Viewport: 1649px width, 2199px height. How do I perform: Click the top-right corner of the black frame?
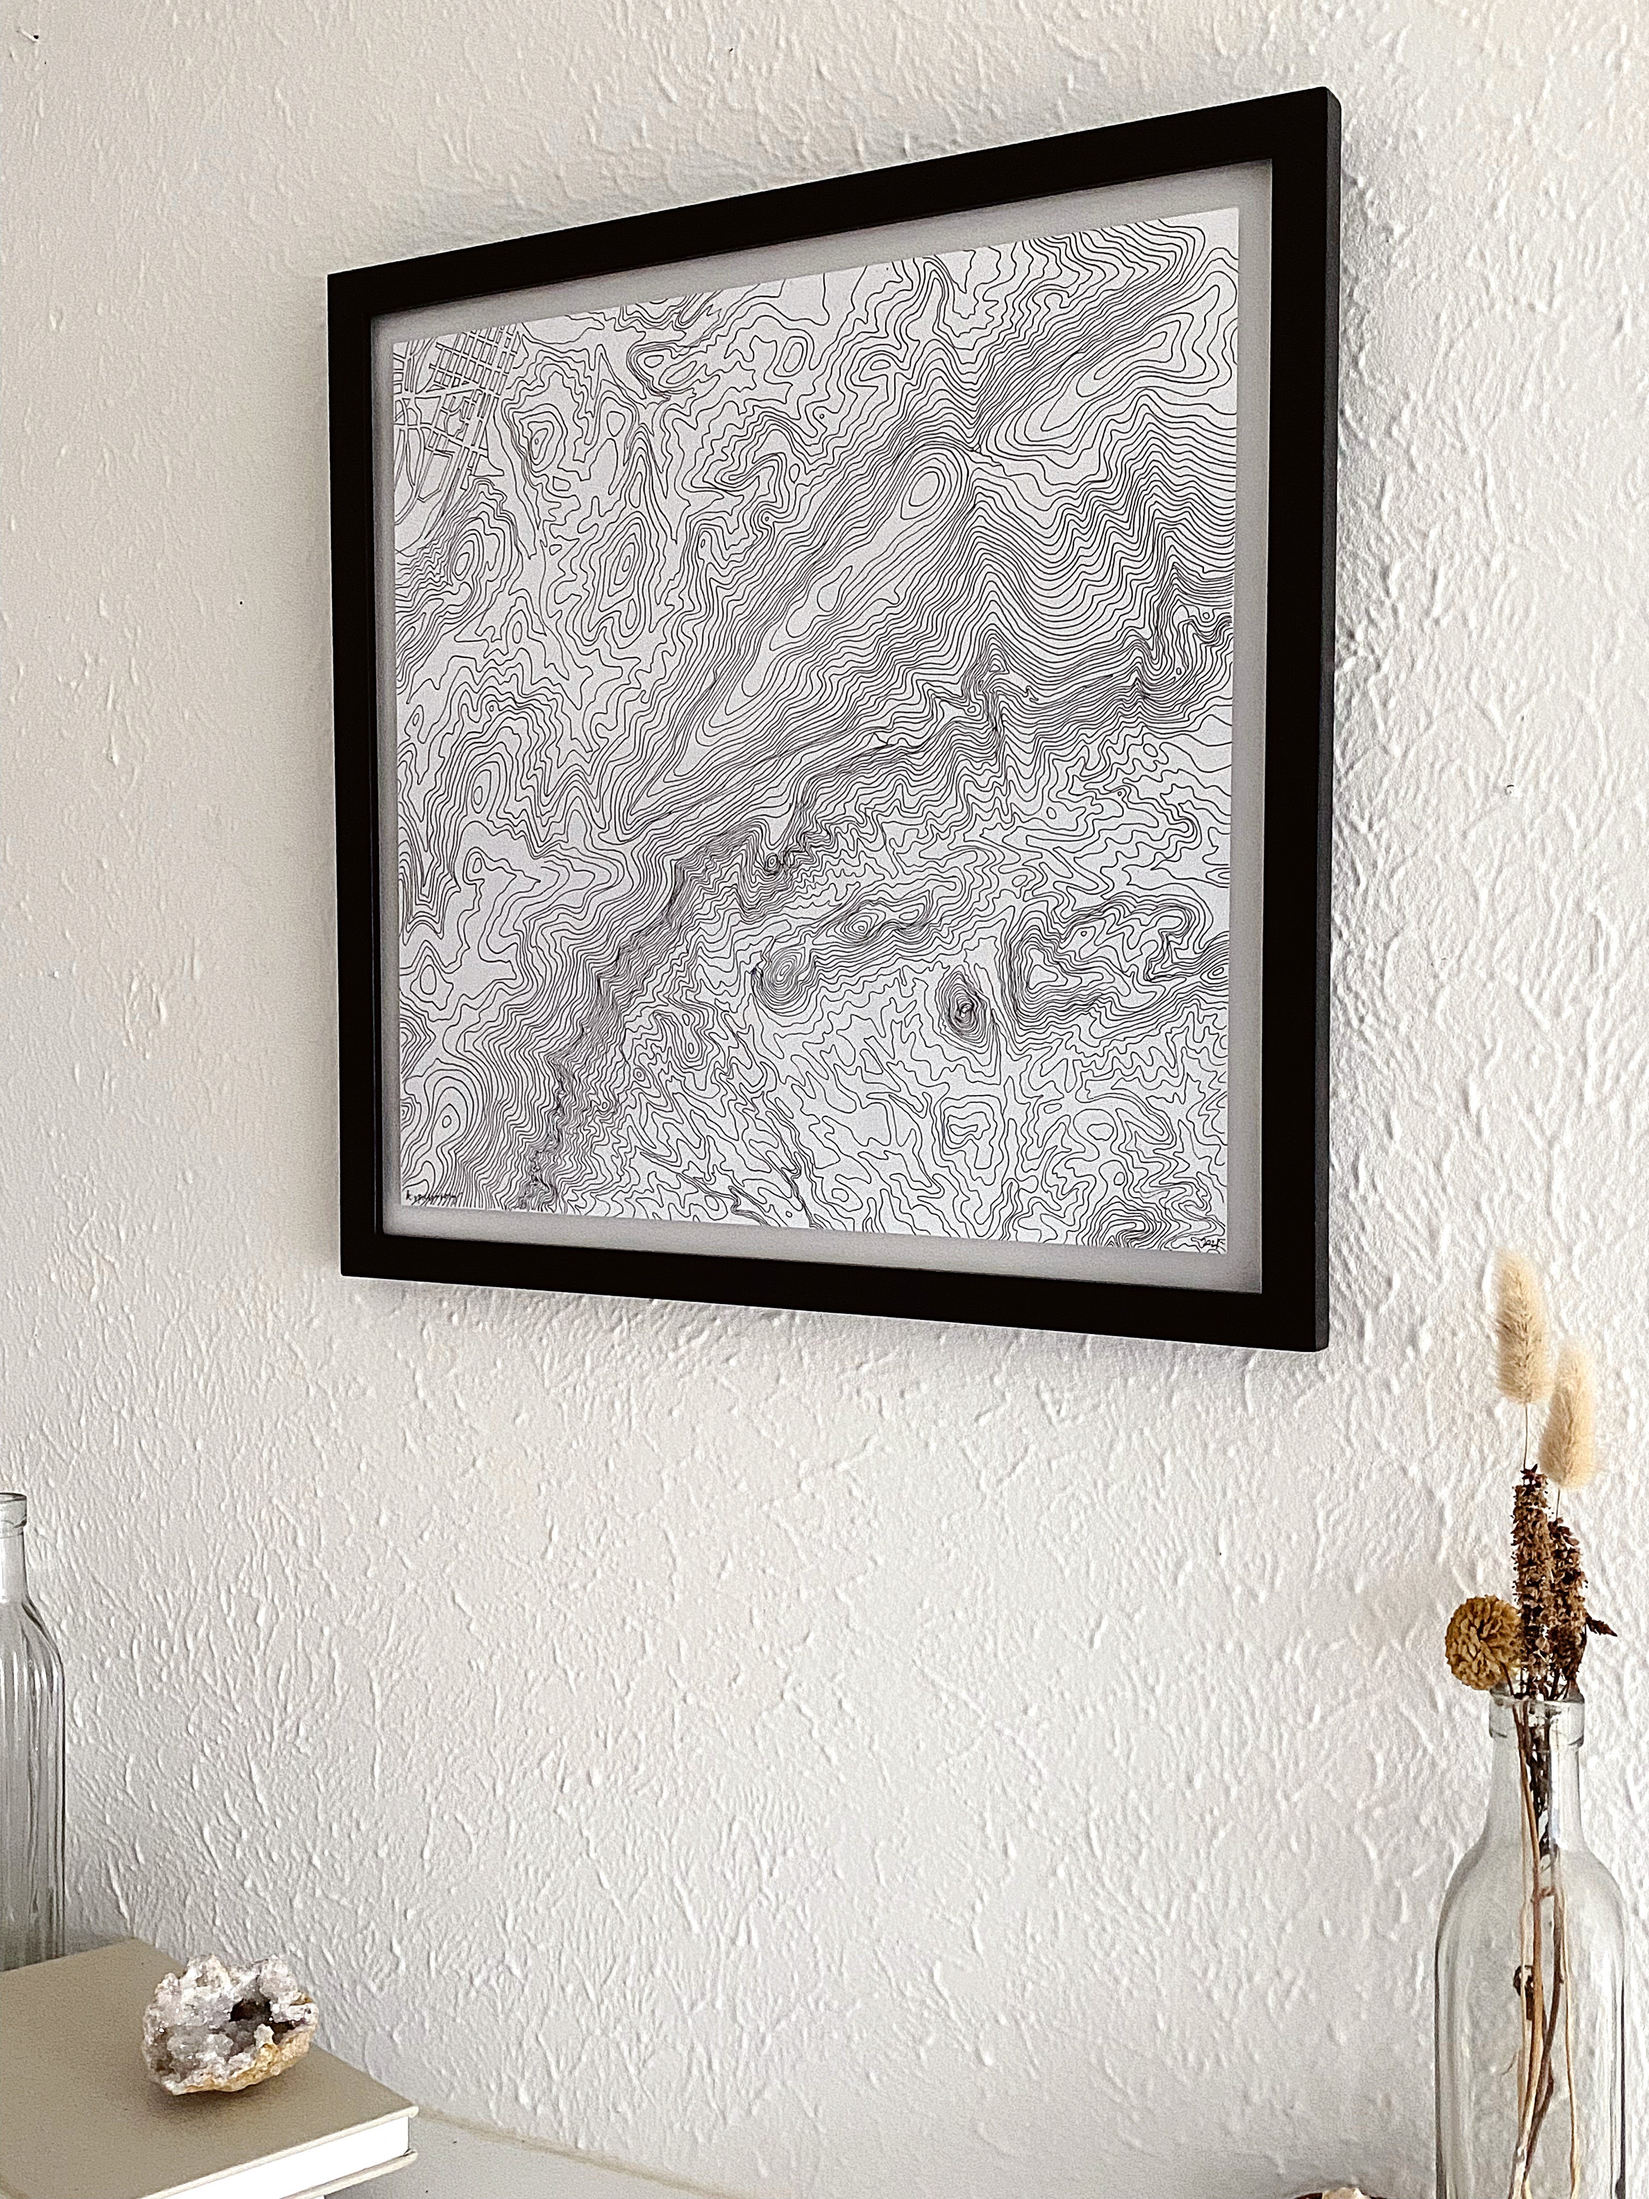pyautogui.click(x=1332, y=94)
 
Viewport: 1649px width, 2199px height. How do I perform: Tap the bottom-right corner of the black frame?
pyautogui.click(x=1322, y=1347)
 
